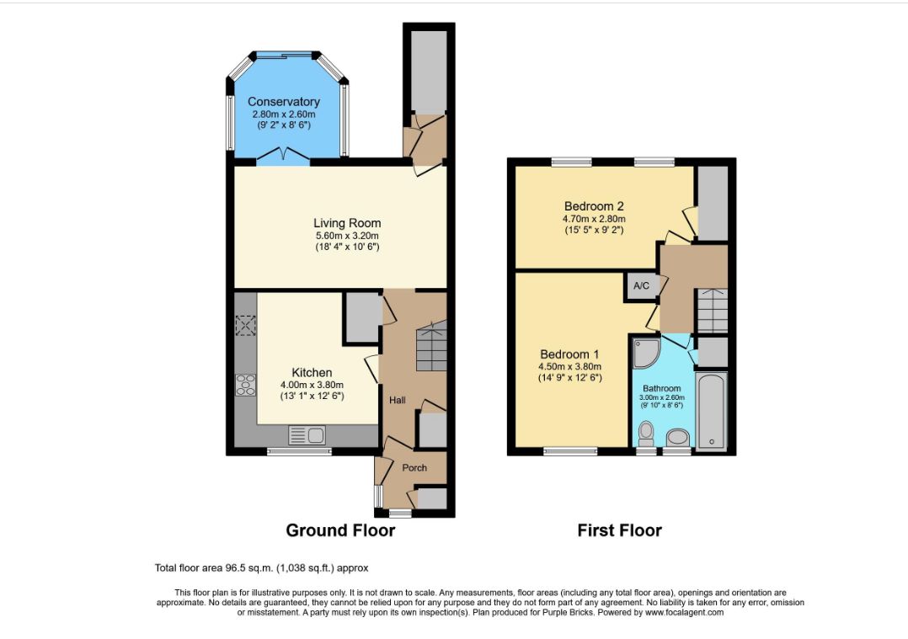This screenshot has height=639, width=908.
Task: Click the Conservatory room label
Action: point(284,102)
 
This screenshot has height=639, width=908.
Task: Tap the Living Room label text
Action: point(347,223)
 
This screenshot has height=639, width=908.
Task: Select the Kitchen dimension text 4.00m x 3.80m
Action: point(312,385)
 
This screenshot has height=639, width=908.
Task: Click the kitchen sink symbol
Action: point(307,435)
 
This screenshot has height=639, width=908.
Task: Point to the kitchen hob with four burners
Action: point(246,385)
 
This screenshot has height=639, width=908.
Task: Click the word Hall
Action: point(398,400)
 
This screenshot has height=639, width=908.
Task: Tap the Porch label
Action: point(414,468)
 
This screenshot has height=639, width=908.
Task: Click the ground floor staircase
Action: point(431,347)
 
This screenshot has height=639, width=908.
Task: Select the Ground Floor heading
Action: point(340,530)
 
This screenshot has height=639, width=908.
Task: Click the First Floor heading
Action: point(620,530)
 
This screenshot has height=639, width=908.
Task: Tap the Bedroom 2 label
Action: point(594,206)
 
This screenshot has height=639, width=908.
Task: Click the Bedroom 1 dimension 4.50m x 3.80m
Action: point(569,366)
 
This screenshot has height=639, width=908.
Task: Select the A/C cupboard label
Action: point(642,286)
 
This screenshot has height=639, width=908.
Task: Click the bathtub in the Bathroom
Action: point(712,412)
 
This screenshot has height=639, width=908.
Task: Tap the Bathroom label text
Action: point(662,388)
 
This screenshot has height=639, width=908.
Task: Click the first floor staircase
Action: point(712,311)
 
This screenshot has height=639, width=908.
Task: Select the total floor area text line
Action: point(261,568)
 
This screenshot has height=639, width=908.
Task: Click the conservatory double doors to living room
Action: point(283,155)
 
